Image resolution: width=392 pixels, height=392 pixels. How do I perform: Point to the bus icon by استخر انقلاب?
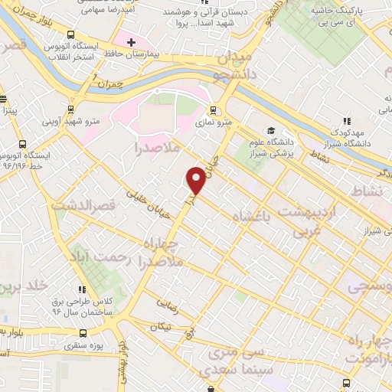[71, 34]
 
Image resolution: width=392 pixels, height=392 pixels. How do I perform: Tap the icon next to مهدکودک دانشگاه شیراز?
[347, 121]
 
